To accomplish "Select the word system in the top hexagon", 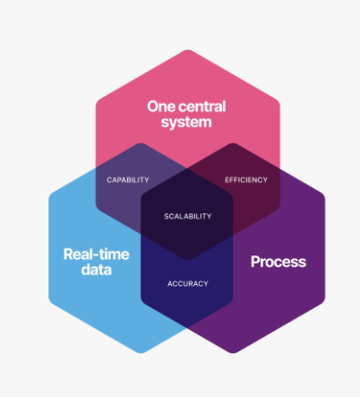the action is tap(186, 123).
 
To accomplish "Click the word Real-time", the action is tap(97, 255).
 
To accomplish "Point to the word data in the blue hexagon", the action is tap(97, 270).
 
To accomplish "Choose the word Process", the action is tap(279, 262).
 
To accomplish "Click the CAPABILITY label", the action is tap(128, 180).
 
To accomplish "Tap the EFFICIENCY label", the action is tap(246, 180).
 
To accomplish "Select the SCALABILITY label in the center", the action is tap(188, 216).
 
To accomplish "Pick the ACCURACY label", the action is tap(188, 283).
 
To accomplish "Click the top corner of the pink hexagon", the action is tap(188, 50).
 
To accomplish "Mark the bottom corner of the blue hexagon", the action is tap(141, 353).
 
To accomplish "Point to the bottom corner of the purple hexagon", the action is tap(233, 353).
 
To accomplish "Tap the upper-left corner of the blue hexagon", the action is tap(49, 195).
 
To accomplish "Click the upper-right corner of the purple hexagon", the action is tap(324, 195).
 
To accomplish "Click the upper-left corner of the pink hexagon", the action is tap(97, 102).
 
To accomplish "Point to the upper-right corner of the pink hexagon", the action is tap(279, 102).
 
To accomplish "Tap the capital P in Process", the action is tap(255, 262).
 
